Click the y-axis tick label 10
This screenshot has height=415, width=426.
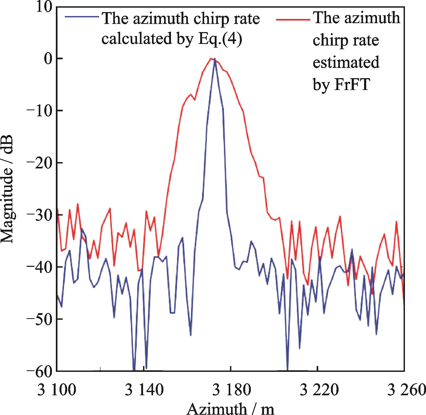43,7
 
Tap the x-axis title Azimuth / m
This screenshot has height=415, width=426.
231,409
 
